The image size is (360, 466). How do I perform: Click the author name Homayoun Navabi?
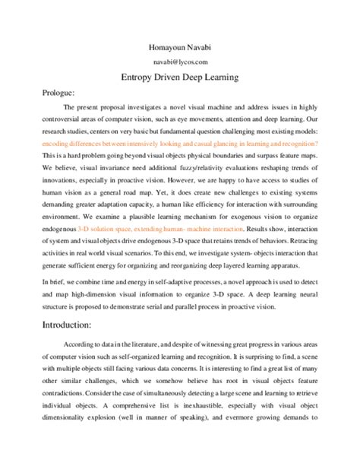point(180,48)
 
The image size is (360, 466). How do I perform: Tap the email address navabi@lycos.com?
point(180,62)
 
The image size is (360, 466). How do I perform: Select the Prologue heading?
point(59,92)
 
